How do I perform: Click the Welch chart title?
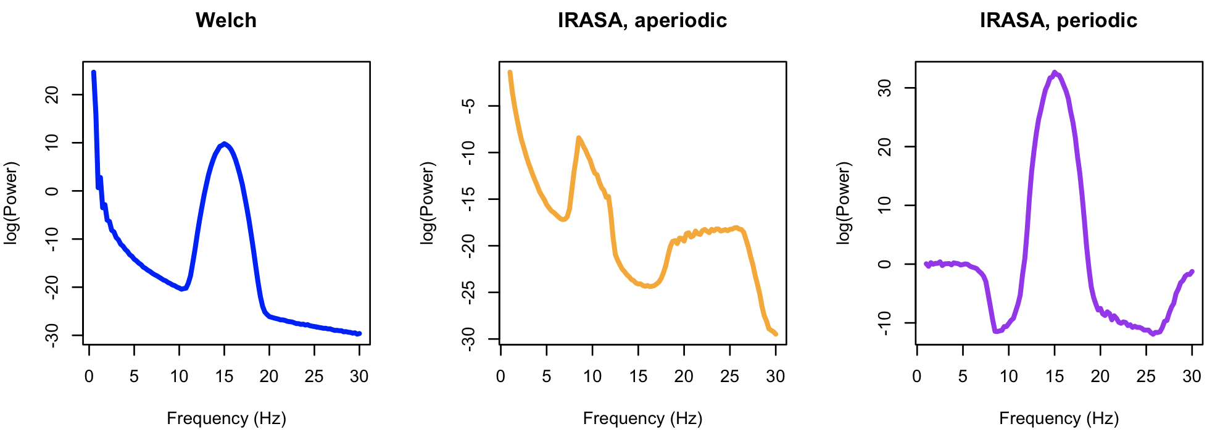(226, 20)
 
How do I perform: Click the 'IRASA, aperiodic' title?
(642, 20)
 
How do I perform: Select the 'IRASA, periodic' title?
(1058, 20)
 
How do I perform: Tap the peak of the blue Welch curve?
(225, 144)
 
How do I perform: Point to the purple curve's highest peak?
(1055, 73)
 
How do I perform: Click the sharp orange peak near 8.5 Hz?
(578, 138)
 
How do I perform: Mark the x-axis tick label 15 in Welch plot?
(224, 376)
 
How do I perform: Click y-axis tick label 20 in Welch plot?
(53, 94)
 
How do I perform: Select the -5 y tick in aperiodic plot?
(469, 106)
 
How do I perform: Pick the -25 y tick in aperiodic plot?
(469, 292)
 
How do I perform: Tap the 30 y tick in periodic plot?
(885, 88)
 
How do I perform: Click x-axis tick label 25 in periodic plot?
(1146, 376)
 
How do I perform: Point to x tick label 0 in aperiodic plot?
(500, 376)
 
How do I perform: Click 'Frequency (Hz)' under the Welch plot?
(226, 418)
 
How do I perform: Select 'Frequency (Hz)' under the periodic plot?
(1058, 418)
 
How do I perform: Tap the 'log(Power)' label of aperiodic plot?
(427, 203)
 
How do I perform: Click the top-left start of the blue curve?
(93, 72)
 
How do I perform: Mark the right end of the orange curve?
(776, 334)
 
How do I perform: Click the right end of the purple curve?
(1192, 272)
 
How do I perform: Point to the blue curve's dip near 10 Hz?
(181, 289)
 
